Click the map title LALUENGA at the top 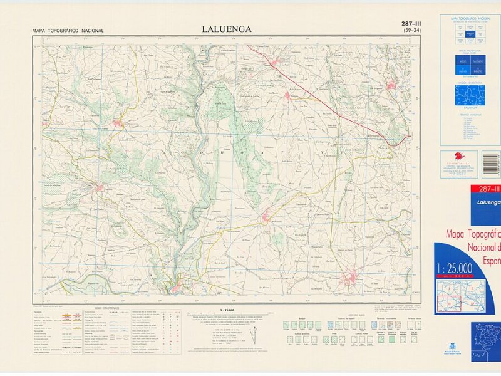coord(226,28)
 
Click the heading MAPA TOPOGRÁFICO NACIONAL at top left coord(68,30)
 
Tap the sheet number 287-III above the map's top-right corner coord(411,24)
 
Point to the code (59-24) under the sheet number coord(411,31)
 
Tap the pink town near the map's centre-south coord(266,218)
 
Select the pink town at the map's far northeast coord(392,86)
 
